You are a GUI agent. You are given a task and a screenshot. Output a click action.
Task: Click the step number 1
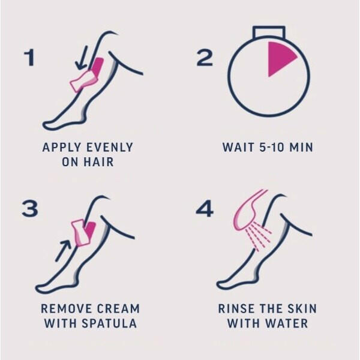28,58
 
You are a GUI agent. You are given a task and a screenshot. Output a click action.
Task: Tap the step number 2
205,58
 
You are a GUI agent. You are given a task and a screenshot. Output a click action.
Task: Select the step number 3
29,209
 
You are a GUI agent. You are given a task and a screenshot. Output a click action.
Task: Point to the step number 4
205,209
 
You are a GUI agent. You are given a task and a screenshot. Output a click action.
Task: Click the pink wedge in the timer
280,58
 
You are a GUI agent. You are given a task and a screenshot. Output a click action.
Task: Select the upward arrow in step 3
63,250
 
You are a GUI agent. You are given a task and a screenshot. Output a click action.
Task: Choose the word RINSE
235,309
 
